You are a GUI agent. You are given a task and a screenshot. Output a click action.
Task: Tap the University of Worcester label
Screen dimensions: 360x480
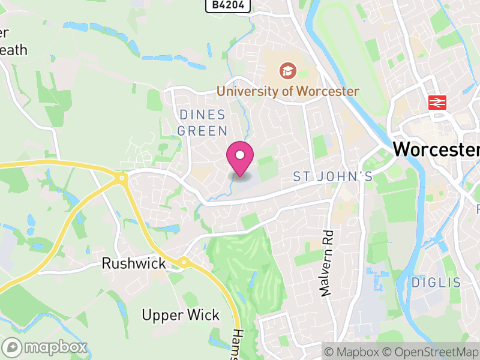click(x=287, y=91)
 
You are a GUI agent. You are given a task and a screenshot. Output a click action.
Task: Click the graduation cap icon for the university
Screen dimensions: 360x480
click(x=288, y=71)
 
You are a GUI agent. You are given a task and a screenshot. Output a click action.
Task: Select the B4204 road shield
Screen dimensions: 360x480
click(x=227, y=5)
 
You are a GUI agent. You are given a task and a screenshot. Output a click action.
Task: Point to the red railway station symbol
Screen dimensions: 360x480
click(x=436, y=102)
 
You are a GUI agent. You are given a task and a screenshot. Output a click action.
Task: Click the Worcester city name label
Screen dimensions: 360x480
click(x=436, y=149)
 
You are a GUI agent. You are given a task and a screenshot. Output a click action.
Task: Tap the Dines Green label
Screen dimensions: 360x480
click(x=203, y=122)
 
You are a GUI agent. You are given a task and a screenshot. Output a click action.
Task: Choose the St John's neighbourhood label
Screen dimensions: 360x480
click(x=332, y=176)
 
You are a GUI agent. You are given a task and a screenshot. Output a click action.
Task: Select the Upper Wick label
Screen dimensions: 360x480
click(x=181, y=315)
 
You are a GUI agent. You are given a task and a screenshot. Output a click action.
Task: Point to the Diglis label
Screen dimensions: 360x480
click(x=436, y=282)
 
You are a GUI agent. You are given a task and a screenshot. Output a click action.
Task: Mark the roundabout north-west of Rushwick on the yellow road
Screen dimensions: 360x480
click(x=122, y=178)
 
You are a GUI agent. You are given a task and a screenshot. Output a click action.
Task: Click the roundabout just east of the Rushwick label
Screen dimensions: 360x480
click(x=182, y=262)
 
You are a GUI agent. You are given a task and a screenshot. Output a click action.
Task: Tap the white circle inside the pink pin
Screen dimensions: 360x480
click(x=240, y=155)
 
